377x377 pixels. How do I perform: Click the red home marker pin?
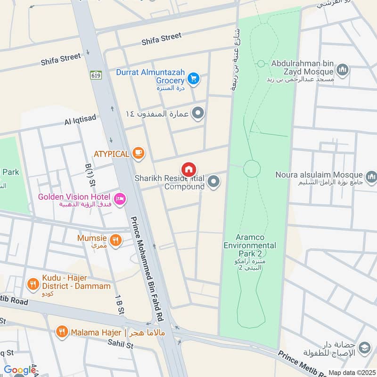[189, 170]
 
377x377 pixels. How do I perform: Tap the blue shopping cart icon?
[192, 79]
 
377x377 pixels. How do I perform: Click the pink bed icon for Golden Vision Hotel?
[120, 199]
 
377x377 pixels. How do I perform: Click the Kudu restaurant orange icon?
[33, 284]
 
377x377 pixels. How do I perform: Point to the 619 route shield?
[96, 74]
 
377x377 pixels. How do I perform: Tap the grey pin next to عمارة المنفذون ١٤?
[198, 113]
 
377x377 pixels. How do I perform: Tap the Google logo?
[20, 370]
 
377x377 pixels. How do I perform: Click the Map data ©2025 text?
[351, 373]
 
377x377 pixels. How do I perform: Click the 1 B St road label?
[119, 304]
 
